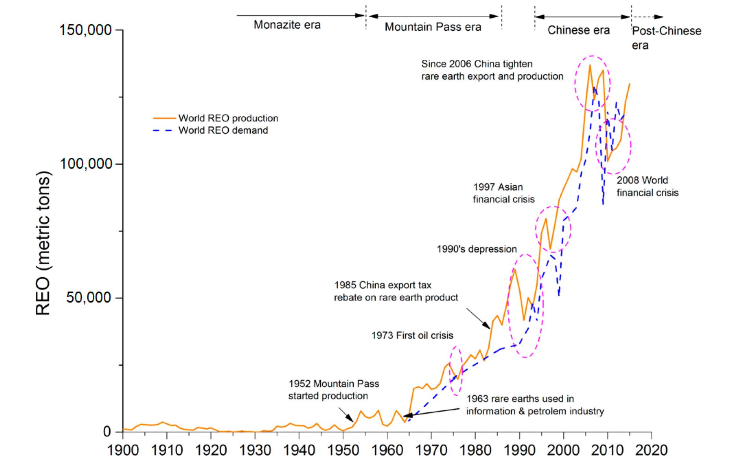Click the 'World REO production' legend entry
coord(228,118)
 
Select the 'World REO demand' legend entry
coord(223,130)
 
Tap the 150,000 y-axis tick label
coord(86,30)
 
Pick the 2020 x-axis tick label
coord(651,450)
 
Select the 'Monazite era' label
coord(287,25)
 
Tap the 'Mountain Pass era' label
coord(433,27)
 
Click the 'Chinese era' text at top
coord(578,30)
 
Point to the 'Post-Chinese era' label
coord(666,38)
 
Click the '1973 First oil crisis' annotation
coord(412,335)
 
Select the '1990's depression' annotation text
coord(477,249)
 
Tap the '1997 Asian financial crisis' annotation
coord(503,193)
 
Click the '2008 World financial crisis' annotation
coord(647,186)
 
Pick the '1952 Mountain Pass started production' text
coord(334,390)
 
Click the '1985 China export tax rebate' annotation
coord(396,291)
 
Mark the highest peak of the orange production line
coord(590,65)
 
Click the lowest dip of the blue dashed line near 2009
coord(603,204)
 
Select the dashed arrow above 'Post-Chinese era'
coord(647,17)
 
